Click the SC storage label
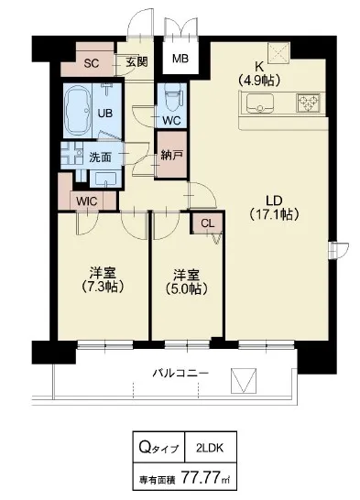[x=92, y=64]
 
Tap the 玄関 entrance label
[x=136, y=62]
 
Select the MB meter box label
[x=180, y=59]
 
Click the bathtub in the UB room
[x=78, y=112]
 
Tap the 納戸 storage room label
[x=171, y=156]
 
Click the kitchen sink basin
[x=260, y=103]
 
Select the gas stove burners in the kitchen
[x=308, y=103]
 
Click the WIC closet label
[x=87, y=201]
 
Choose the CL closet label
[x=208, y=223]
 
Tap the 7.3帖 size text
[x=102, y=287]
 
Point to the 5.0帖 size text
[x=187, y=288]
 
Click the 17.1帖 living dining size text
[x=274, y=214]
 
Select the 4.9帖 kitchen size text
[x=259, y=80]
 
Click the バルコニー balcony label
[x=180, y=373]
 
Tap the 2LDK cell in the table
[x=210, y=448]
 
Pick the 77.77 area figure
[x=201, y=477]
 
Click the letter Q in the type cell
[x=145, y=447]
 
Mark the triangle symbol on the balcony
[x=244, y=381]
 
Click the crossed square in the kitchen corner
[x=278, y=53]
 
